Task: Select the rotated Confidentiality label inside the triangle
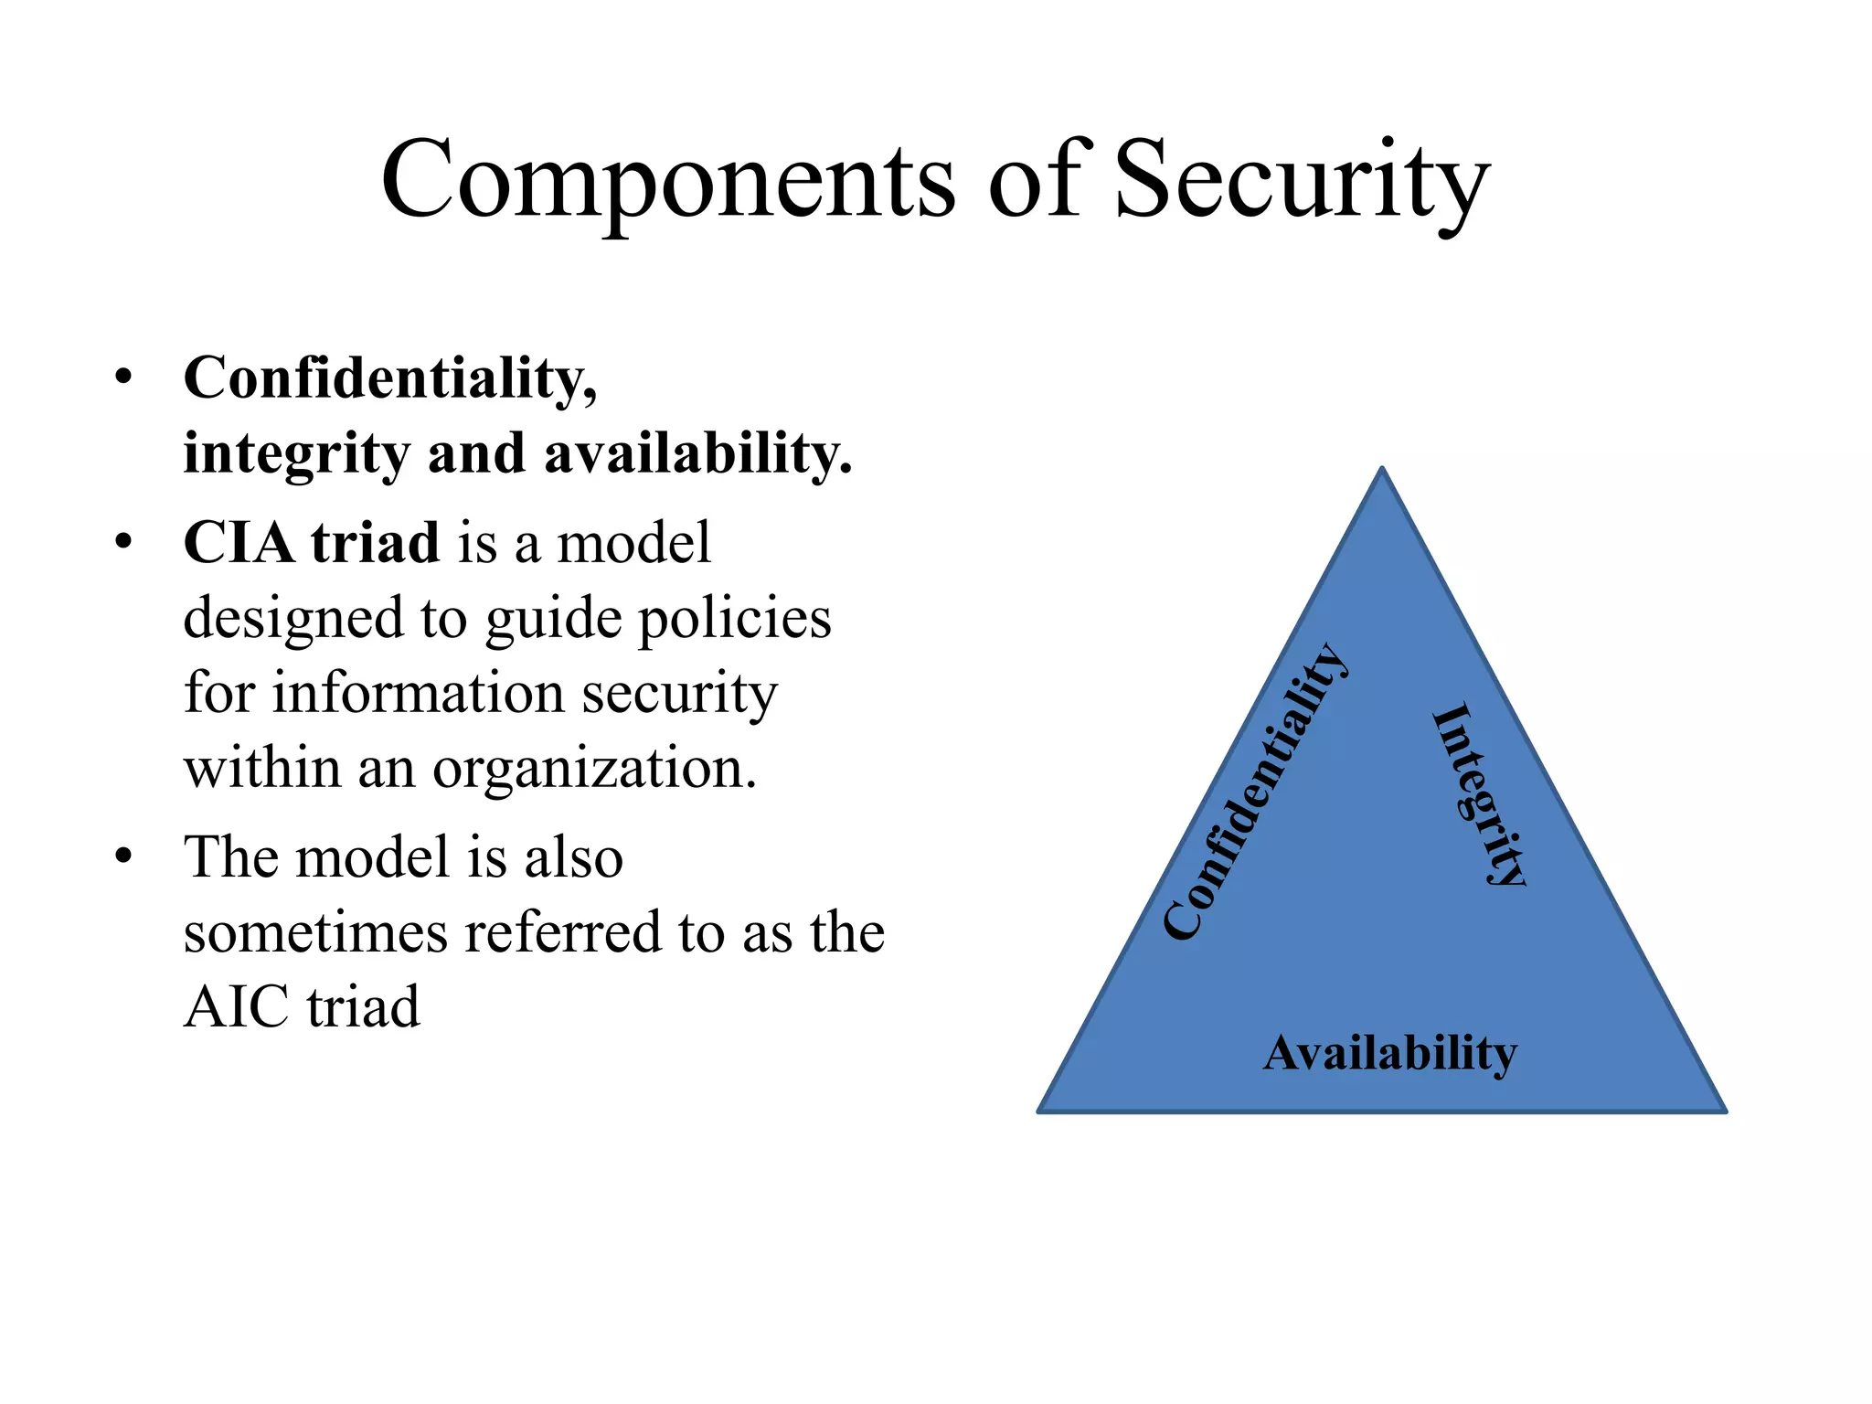(1255, 792)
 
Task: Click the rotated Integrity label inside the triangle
(1478, 793)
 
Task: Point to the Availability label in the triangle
(1389, 1053)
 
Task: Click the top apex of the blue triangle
(1382, 469)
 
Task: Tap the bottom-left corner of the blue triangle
(1040, 1111)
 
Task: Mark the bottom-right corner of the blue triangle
(1725, 1111)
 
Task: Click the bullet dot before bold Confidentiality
(123, 378)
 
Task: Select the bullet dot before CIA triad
(123, 542)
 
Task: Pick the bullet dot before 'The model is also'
(123, 856)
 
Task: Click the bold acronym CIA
(239, 542)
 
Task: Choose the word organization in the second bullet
(594, 768)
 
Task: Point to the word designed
(292, 619)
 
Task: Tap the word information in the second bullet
(419, 692)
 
